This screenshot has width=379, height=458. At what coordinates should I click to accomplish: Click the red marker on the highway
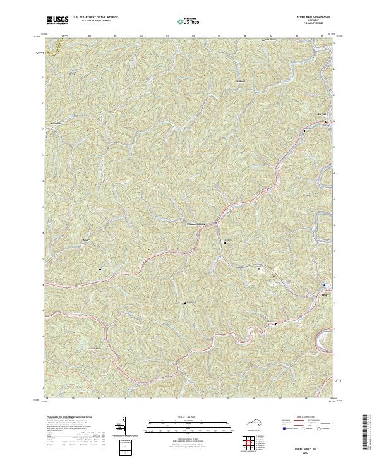pyautogui.click(x=267, y=190)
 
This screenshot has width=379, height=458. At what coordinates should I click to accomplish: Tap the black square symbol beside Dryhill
pyautogui.click(x=304, y=131)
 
